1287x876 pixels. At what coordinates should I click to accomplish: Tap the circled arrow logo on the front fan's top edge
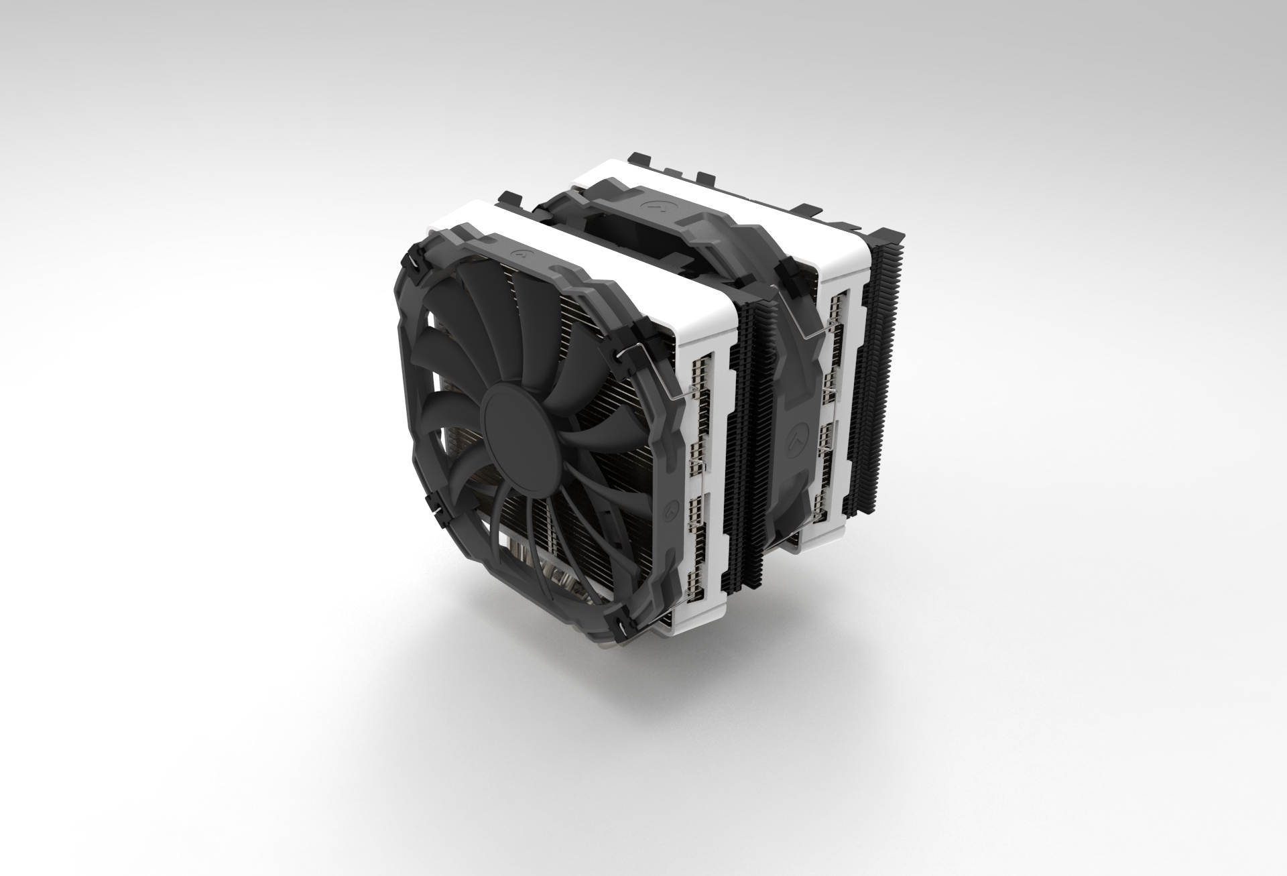point(518,254)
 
